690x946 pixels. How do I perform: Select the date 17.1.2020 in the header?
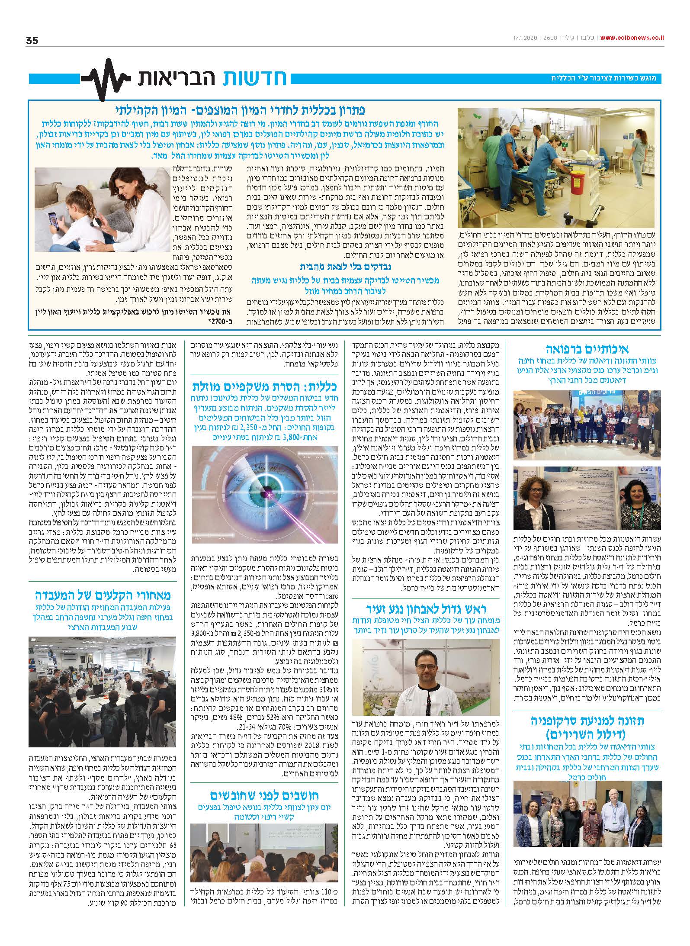tap(523, 38)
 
